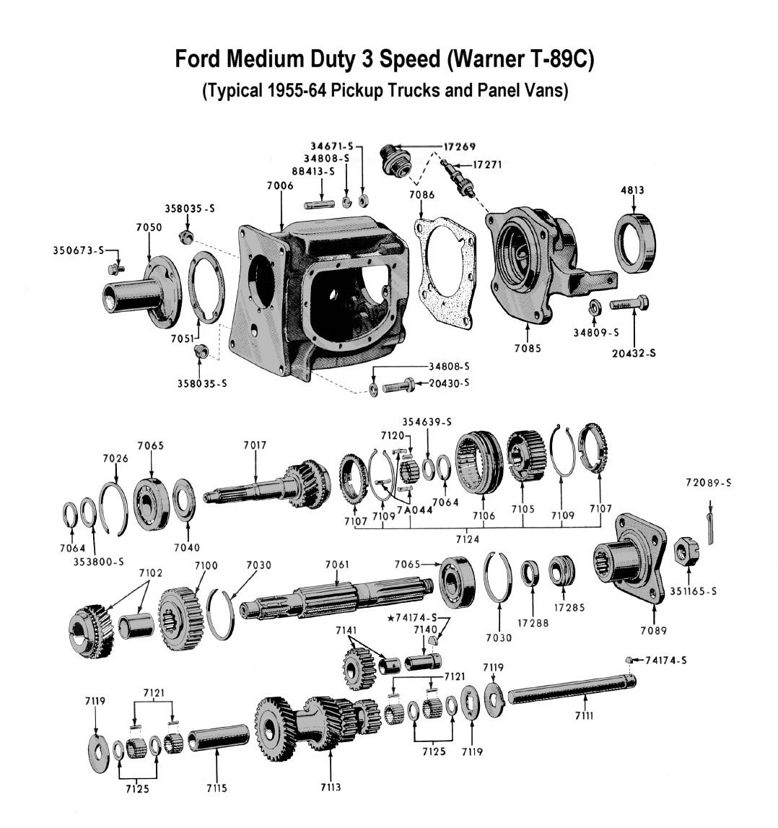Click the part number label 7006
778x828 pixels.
(279, 186)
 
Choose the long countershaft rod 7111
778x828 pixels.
(569, 697)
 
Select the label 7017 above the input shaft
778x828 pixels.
(255, 446)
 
